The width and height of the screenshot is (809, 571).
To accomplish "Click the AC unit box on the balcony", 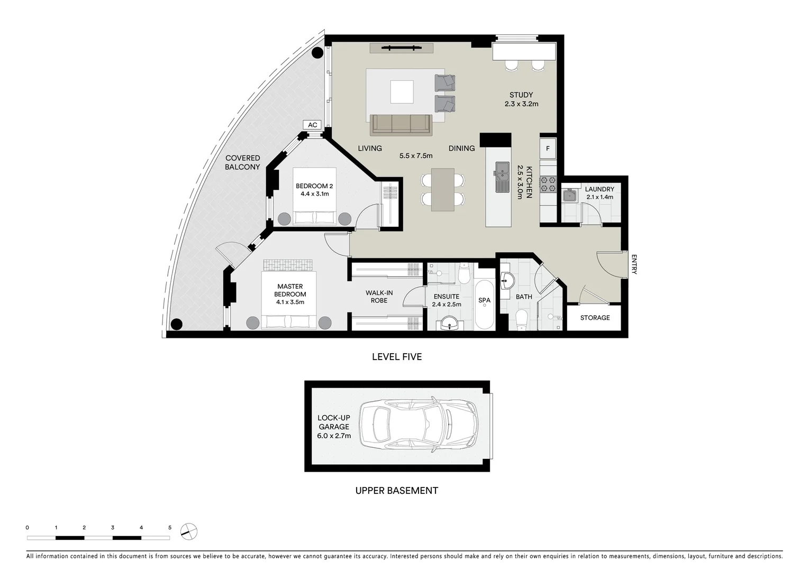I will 313,125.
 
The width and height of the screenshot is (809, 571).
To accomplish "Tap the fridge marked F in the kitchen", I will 548,149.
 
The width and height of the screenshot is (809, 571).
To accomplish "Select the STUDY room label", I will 521,95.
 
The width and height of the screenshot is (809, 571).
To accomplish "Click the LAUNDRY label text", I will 599,189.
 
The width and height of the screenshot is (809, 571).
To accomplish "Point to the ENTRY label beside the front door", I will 634,264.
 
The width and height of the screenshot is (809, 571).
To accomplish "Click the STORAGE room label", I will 595,318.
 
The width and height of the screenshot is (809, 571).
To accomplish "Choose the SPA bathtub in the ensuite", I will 484,305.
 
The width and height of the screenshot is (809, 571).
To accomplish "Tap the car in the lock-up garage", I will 418,426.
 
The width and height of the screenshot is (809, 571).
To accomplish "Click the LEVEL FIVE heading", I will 397,357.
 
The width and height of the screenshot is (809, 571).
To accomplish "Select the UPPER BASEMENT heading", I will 396,491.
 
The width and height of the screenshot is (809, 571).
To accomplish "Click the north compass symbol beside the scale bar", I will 189,531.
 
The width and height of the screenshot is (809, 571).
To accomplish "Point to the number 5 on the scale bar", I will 170,528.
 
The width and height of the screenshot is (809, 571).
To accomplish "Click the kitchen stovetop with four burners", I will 548,183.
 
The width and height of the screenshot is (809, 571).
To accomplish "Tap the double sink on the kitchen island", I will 502,177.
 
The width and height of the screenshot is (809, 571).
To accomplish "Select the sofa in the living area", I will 401,125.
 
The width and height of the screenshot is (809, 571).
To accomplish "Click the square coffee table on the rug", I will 402,91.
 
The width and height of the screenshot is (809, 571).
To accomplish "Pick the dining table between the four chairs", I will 443,189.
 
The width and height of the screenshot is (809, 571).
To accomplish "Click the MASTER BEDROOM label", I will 290,290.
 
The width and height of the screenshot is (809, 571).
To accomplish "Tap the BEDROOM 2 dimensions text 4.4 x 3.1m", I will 314,194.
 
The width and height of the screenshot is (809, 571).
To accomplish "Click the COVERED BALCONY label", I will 242,162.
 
